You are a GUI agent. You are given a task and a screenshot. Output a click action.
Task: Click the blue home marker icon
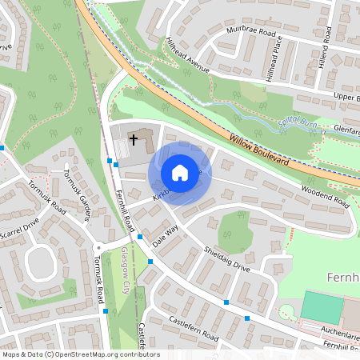click(x=180, y=172)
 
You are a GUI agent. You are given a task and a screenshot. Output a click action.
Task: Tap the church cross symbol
click(x=133, y=140)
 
